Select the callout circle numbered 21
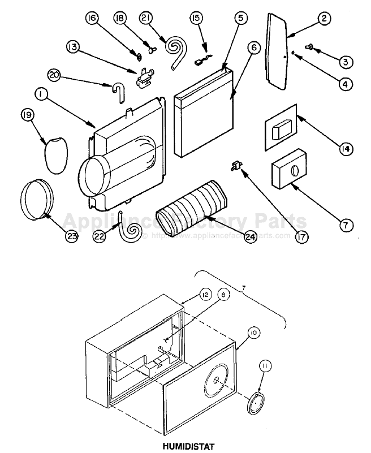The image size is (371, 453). (146, 19)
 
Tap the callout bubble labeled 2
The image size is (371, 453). (323, 19)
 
